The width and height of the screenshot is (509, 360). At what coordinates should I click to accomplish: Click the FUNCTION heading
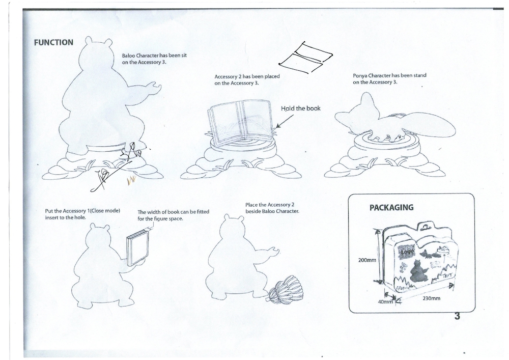point(53,43)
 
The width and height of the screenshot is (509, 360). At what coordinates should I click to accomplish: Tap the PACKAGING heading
point(391,208)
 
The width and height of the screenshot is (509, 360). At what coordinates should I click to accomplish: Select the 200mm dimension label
point(367,260)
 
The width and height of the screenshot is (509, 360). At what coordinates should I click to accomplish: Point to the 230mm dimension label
point(432,298)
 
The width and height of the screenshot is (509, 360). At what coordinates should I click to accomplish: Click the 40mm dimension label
point(385,301)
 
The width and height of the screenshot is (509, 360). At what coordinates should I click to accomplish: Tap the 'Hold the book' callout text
point(301,108)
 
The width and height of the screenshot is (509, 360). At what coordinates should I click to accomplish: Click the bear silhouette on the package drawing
point(418,271)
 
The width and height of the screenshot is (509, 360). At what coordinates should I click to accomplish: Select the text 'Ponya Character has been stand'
point(389,75)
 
